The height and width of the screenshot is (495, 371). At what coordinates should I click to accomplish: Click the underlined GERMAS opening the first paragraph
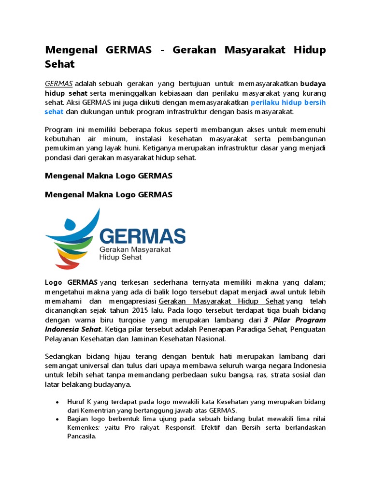point(59,83)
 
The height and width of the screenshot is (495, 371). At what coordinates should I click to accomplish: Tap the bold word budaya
point(313,83)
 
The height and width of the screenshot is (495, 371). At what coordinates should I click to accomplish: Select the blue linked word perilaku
point(266,102)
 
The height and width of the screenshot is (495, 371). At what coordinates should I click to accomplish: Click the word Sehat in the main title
point(60,63)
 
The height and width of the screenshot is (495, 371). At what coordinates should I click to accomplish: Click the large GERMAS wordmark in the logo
point(142,236)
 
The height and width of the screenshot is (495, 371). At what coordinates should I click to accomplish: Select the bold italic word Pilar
point(280,320)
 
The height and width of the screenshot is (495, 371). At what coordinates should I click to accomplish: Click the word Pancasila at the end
point(82,436)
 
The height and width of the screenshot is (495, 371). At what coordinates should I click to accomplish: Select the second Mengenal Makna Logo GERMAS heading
point(109,195)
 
